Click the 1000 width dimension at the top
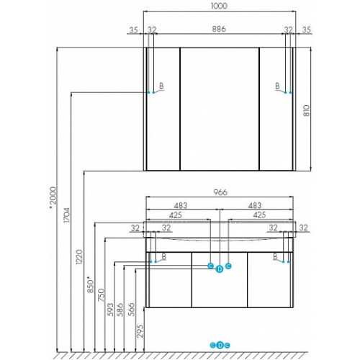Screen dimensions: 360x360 point(219,6)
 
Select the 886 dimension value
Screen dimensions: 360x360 point(219,29)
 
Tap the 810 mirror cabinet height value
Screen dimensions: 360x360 point(307,110)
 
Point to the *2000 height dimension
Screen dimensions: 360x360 point(53,197)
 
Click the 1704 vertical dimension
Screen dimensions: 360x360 point(67,215)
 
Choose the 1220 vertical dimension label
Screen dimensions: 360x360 point(79,257)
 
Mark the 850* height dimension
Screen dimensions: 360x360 point(91,284)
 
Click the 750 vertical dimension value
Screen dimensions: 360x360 point(102,295)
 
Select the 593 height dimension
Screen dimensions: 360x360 point(110,310)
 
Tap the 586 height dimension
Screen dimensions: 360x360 point(120,310)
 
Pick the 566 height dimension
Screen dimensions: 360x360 point(132,310)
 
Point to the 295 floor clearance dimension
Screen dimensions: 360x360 point(140,331)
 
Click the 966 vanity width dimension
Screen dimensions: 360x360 point(220,192)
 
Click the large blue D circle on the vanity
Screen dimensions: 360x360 point(220,269)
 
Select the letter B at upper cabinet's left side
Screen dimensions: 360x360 point(161,86)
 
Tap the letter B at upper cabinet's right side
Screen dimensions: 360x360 point(277,86)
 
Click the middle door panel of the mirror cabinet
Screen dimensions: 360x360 point(220,109)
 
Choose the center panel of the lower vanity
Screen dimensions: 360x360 point(220,279)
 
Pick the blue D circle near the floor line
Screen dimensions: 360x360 point(220,346)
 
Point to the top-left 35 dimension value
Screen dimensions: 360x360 point(134,30)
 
